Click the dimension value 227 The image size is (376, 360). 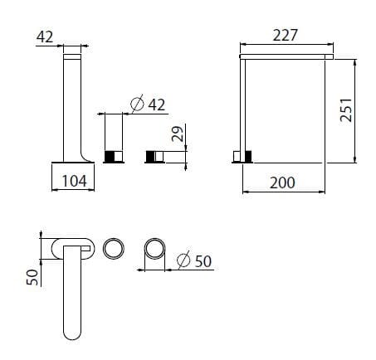tap(284, 35)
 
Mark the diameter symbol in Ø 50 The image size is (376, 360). tap(183, 260)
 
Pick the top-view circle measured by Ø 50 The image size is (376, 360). tap(154, 248)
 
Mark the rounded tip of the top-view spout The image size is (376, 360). tap(72, 333)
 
